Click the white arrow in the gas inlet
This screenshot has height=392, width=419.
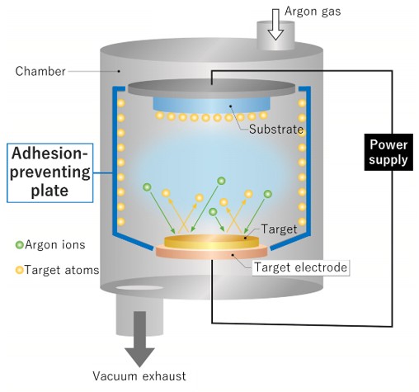[275, 27]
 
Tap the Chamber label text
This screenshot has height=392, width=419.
[40, 71]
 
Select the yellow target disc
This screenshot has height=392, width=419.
[211, 241]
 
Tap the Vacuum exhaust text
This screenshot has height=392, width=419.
[144, 376]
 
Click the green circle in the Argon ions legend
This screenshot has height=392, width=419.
[19, 245]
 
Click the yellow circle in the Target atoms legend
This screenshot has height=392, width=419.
[19, 269]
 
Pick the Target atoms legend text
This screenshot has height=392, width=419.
[62, 269]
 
